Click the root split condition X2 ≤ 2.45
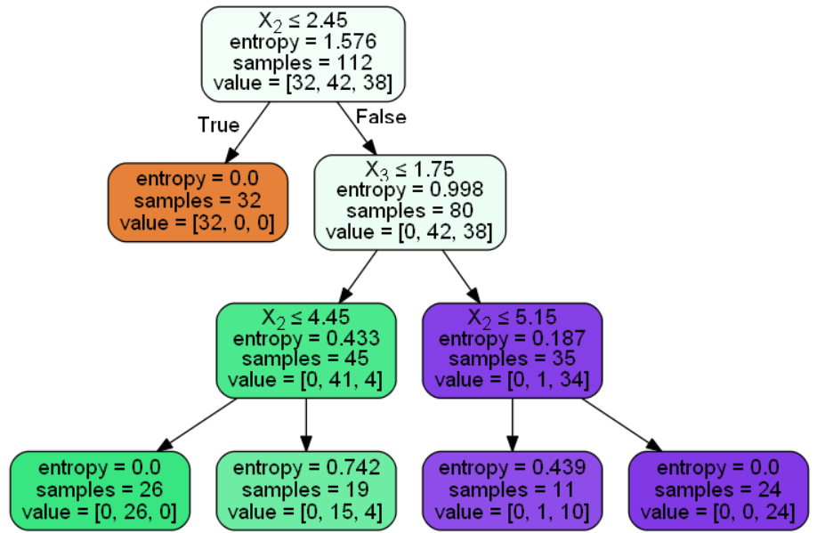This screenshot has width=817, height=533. pyautogui.click(x=303, y=20)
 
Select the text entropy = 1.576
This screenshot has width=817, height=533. pyautogui.click(x=303, y=42)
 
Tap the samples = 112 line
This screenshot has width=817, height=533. pyautogui.click(x=303, y=62)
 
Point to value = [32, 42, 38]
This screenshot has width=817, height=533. pyautogui.click(x=303, y=83)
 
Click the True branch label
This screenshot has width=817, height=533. pyautogui.click(x=218, y=125)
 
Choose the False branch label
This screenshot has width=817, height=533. pyautogui.click(x=381, y=117)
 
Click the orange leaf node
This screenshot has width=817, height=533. pyautogui.click(x=198, y=202)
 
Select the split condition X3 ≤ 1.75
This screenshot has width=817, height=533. pyautogui.click(x=409, y=169)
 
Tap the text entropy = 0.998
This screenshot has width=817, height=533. pyautogui.click(x=409, y=190)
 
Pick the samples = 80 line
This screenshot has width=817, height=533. pyautogui.click(x=409, y=211)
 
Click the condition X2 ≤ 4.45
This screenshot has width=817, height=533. pyautogui.click(x=306, y=318)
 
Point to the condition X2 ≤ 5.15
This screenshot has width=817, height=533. pyautogui.click(x=513, y=318)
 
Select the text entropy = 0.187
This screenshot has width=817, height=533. pyautogui.click(x=513, y=339)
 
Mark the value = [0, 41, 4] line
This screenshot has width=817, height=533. pyautogui.click(x=306, y=380)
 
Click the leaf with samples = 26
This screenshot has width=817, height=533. pyautogui.click(x=100, y=491)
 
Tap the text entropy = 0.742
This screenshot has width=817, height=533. pyautogui.click(x=306, y=467)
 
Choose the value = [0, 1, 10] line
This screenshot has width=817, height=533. pyautogui.click(x=513, y=513)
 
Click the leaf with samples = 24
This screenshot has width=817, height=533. pyautogui.click(x=718, y=491)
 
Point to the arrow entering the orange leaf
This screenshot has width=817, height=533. pyautogui.click(x=247, y=133)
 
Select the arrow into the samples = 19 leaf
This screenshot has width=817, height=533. pyautogui.click(x=306, y=424)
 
